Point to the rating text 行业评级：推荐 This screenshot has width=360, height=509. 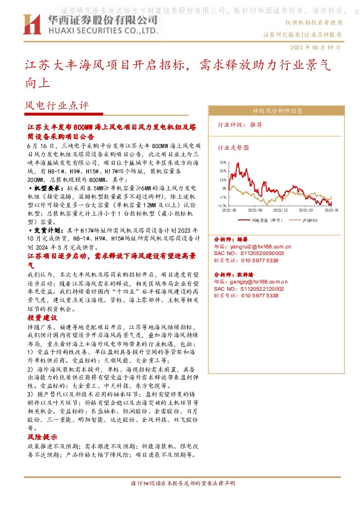tap(240, 124)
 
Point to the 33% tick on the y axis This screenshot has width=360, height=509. tap(222, 163)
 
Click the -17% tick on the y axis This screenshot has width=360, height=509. tap(222, 206)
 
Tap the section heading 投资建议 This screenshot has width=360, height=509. tap(42, 317)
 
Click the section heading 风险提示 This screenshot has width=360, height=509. tap(42, 436)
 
